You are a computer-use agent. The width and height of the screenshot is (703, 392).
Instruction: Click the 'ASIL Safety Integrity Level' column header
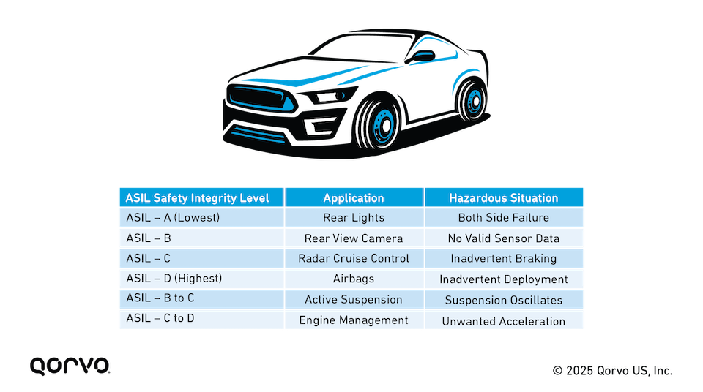click(x=197, y=198)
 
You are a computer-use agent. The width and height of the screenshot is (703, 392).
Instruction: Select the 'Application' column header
click(x=354, y=198)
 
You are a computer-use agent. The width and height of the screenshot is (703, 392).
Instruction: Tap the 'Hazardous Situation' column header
click(x=504, y=198)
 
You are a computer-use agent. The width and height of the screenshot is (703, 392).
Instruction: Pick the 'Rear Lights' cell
click(x=354, y=218)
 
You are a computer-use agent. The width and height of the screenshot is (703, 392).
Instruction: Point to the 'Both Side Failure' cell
click(x=504, y=218)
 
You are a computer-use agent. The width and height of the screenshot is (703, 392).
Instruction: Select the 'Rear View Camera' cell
click(x=354, y=238)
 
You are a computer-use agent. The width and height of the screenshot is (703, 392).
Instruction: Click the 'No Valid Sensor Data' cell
click(x=504, y=238)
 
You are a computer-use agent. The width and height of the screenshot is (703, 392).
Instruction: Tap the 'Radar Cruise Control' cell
click(x=354, y=258)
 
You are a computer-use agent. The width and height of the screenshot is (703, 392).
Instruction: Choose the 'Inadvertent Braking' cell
click(x=504, y=258)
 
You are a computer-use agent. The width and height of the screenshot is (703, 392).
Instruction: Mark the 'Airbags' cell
click(x=354, y=279)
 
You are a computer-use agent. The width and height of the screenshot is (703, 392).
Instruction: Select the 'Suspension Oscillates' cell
click(x=504, y=300)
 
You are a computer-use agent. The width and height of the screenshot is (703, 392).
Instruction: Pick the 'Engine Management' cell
click(x=354, y=320)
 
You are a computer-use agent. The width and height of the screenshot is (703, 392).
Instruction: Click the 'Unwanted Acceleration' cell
click(x=504, y=321)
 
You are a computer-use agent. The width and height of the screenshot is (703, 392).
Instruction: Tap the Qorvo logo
click(x=70, y=366)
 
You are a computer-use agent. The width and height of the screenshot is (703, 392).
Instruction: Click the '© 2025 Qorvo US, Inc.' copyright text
click(x=612, y=371)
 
